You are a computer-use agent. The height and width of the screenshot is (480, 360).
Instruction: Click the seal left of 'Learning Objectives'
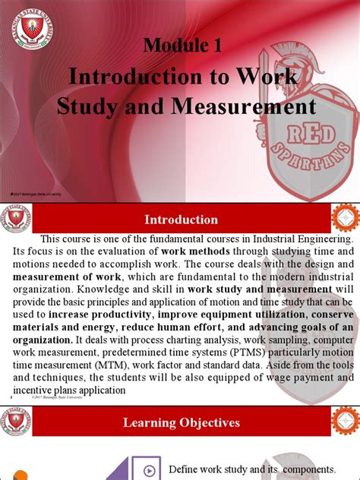pyautogui.click(x=14, y=422)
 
